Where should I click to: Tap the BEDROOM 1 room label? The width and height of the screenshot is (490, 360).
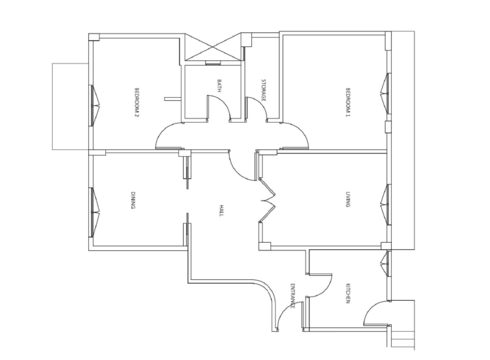[348, 102]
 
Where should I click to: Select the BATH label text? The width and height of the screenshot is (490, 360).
[219, 86]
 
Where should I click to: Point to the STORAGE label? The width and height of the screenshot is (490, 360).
[264, 90]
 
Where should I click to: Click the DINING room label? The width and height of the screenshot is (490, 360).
[133, 200]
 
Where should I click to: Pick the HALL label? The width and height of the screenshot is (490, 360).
[221, 211]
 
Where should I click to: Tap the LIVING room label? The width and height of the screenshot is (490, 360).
[347, 199]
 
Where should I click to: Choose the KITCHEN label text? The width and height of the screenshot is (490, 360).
[347, 293]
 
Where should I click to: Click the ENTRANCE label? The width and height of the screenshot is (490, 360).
[293, 296]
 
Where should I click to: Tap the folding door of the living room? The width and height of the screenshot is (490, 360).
[268, 200]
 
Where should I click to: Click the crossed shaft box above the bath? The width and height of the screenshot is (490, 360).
[213, 47]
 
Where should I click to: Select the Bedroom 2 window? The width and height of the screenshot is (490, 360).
[94, 106]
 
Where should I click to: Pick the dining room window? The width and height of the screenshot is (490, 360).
[94, 212]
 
